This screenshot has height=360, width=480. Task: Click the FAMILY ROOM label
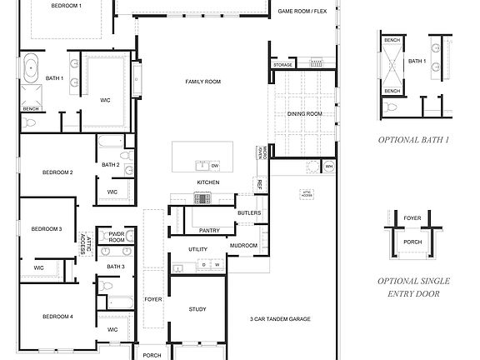coord(202,82)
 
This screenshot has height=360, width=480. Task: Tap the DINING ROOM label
coord(304,113)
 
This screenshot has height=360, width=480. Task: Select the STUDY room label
coord(197,309)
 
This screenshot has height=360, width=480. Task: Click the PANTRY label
coord(210,230)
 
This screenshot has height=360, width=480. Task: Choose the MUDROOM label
coord(244,246)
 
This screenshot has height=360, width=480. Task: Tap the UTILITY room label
coord(198,249)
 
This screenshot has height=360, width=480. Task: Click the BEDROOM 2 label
coord(57,172)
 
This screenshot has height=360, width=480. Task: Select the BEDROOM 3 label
coord(47,228)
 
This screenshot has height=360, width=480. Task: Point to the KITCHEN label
coord(207,182)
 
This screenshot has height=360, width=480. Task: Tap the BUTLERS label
coord(249,213)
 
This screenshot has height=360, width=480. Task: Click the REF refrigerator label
coord(259,182)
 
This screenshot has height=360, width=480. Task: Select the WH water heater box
coord(329,167)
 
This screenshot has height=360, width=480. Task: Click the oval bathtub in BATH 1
coord(32,67)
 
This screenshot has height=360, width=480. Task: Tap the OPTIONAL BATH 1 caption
coord(413,140)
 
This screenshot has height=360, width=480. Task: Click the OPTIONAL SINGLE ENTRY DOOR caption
coord(413,287)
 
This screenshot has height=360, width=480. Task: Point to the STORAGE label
coord(283,65)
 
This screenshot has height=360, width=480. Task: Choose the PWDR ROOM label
coord(115,237)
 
